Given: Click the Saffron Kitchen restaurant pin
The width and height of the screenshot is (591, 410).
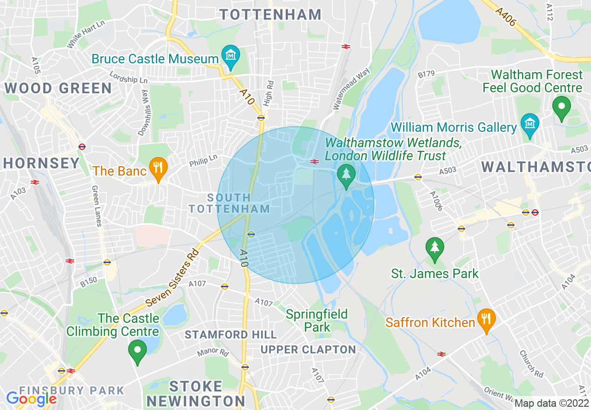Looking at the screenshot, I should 486,320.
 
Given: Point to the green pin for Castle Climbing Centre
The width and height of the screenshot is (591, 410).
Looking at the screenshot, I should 137,351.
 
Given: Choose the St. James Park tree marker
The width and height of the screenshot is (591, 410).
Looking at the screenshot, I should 434,248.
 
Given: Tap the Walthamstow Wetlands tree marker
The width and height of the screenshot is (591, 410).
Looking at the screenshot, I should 346,175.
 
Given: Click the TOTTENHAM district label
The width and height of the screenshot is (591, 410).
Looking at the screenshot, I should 271,14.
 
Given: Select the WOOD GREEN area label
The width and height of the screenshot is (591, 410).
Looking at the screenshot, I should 58,88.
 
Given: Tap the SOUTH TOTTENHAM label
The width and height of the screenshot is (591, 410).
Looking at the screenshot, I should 229,203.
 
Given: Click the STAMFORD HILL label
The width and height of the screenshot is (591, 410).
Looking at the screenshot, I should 231,335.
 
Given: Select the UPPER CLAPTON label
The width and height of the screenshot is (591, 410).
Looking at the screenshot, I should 308,349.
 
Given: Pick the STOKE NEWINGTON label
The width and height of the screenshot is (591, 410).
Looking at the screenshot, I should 196,394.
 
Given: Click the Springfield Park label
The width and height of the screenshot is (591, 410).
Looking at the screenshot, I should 317,321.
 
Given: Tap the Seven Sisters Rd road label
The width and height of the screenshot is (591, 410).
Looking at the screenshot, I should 172,278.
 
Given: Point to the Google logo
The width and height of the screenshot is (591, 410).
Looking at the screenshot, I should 31,399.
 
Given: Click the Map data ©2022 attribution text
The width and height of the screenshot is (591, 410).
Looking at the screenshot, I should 551,403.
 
